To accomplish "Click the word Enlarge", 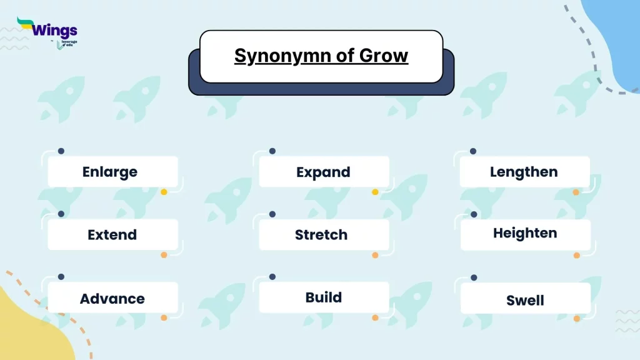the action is click(110, 172).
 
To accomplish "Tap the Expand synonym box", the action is click(324, 172).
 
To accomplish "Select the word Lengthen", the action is click(524, 172).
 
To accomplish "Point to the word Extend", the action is click(112, 235).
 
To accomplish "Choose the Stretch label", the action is click(321, 235).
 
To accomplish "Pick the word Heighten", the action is click(525, 233).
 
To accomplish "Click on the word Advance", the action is click(112, 299).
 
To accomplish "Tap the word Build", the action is click(324, 297).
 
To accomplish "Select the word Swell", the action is click(525, 301).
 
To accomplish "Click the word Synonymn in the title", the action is click(282, 56).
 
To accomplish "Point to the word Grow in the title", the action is click(384, 56).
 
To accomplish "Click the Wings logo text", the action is click(55, 30).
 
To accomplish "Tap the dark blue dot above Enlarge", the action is click(61, 151).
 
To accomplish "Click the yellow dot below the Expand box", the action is click(375, 192).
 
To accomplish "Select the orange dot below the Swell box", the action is click(577, 318).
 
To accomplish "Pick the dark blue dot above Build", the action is click(272, 277).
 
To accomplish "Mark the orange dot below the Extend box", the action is click(164, 255).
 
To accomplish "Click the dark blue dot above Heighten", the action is click(474, 214).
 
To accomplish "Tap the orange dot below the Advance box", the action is click(164, 317).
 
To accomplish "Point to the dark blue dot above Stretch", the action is click(272, 214).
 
